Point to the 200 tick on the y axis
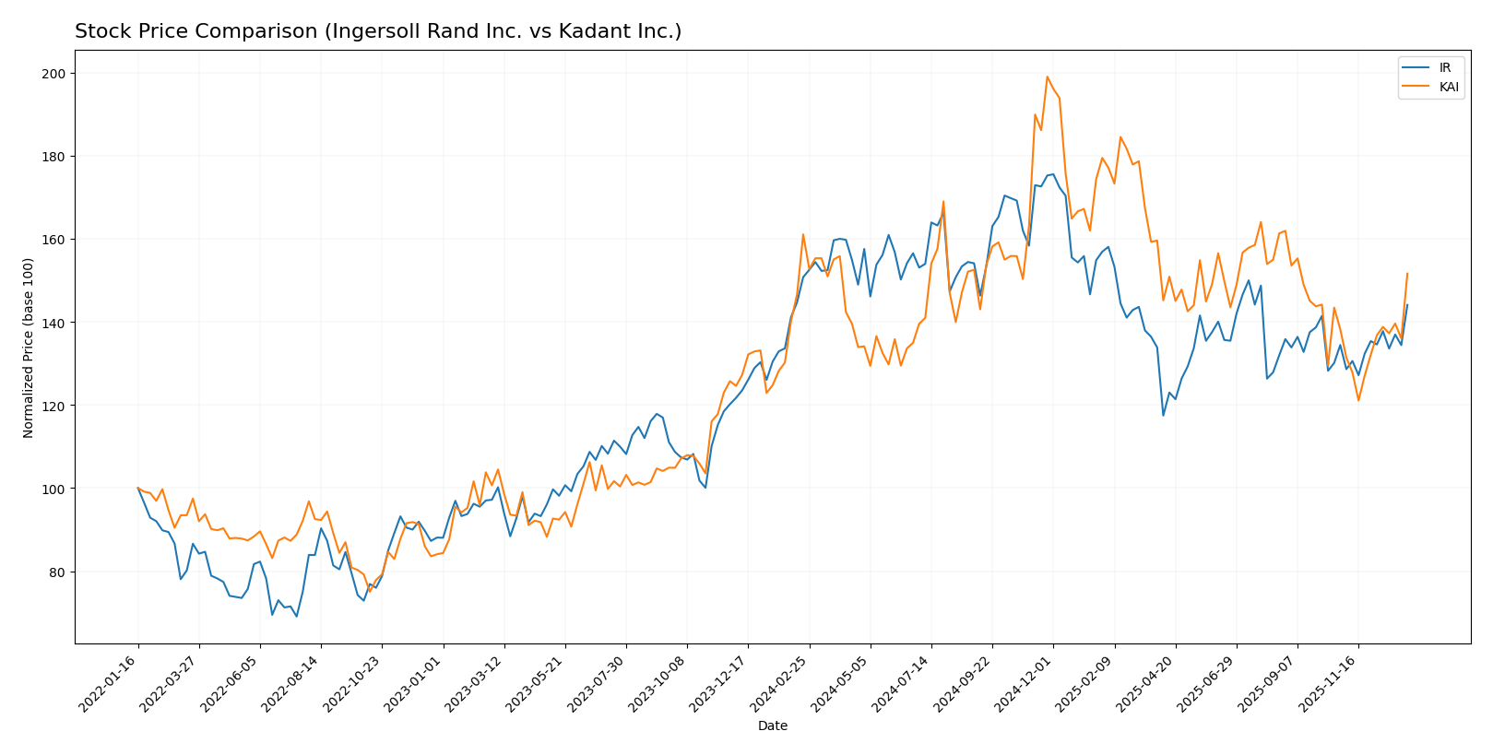pos(57,74)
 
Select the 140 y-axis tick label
pos(57,323)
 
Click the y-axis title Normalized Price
pos(29,348)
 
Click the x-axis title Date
pos(772,726)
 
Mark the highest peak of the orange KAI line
pos(1047,77)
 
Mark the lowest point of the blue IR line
pos(296,616)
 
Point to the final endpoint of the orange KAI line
pos(1407,273)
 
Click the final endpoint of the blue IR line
pos(1407,305)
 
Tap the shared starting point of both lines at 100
pos(138,489)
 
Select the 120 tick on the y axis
pos(57,406)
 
